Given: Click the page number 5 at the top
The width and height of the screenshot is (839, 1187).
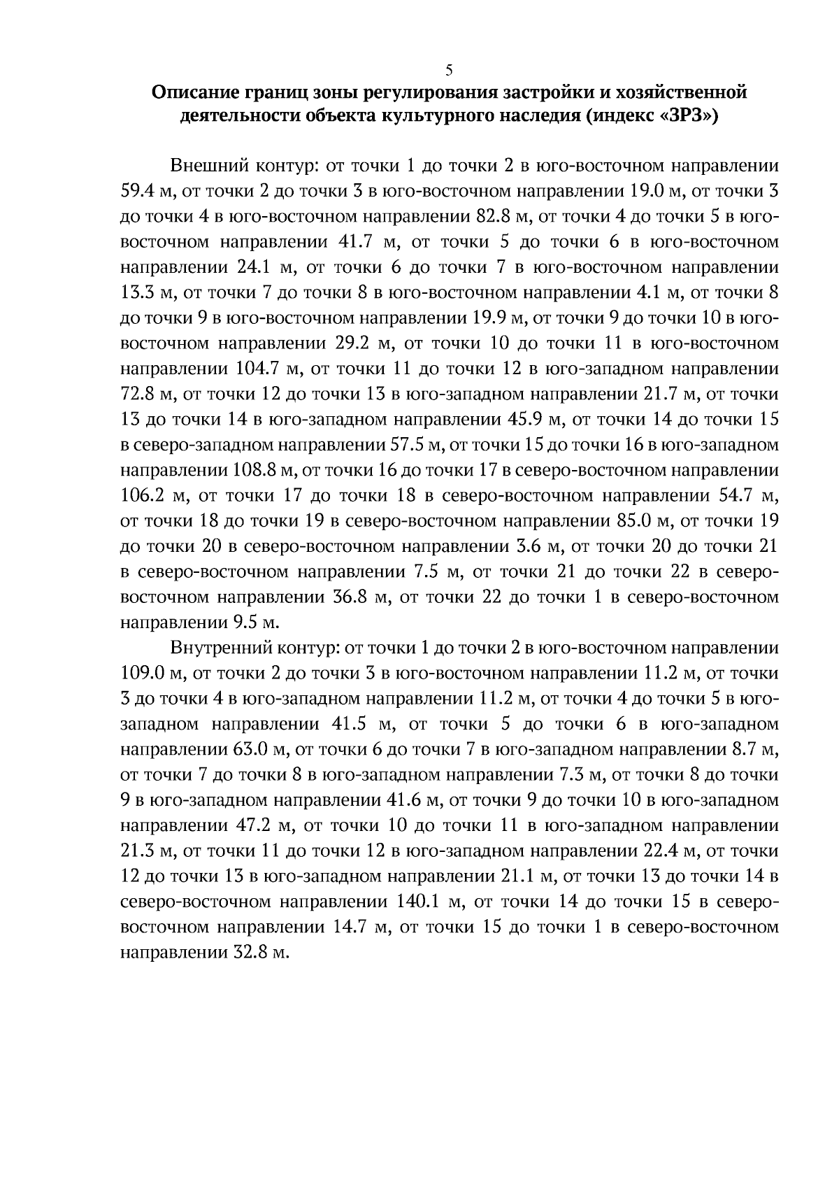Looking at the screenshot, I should click(448, 70).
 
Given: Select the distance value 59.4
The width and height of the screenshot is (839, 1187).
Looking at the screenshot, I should click(140, 192).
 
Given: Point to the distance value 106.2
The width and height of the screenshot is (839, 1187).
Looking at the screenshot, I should click(142, 496).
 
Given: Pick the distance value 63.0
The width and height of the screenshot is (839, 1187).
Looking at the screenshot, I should click(250, 750).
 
